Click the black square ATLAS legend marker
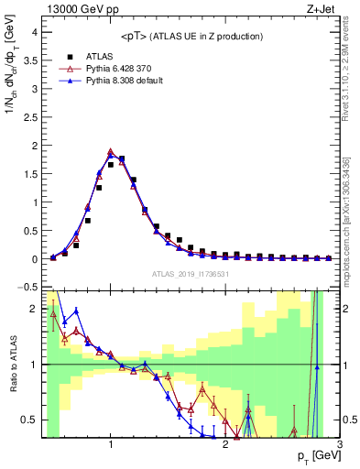pos(69,55)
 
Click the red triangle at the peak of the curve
pos(111,152)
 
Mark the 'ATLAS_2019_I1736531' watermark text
pos(191,274)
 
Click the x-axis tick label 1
pos(111,444)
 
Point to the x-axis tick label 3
pos(338,444)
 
